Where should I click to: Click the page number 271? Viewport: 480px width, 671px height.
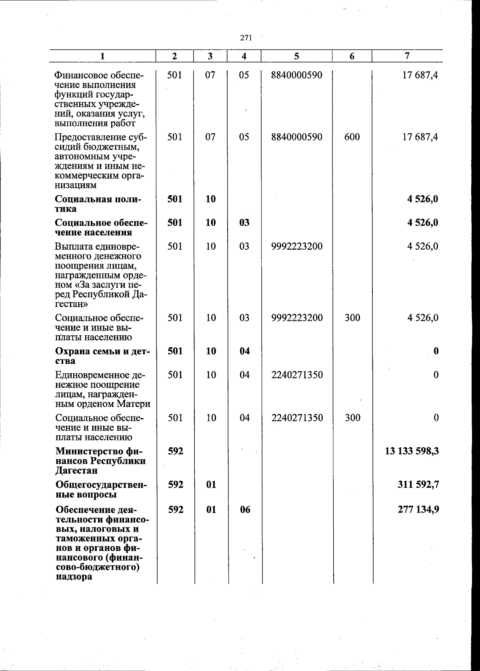(x=246, y=38)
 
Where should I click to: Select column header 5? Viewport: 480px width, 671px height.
(x=297, y=56)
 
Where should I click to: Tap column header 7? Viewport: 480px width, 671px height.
(x=407, y=56)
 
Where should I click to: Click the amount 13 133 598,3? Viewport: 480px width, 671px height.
(x=412, y=451)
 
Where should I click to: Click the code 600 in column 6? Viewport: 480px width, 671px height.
(x=352, y=137)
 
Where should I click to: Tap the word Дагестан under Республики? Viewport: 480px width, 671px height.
(x=76, y=471)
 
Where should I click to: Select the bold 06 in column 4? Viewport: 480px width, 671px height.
(x=245, y=509)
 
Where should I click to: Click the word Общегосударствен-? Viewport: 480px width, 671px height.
(x=102, y=485)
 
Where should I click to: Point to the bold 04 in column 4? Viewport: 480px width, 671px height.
(x=245, y=351)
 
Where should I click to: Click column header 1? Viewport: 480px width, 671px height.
(x=103, y=56)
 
